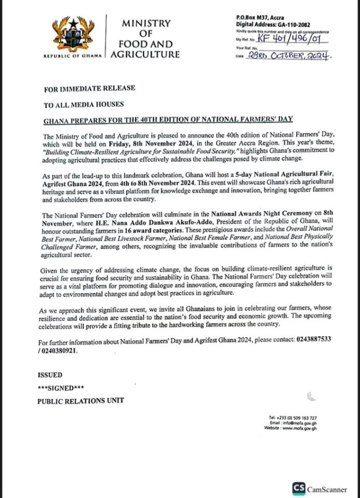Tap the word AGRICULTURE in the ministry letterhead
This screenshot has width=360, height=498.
point(145,54)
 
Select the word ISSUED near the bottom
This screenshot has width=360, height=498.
point(50,375)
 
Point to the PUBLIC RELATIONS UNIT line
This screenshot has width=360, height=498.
point(80,401)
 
